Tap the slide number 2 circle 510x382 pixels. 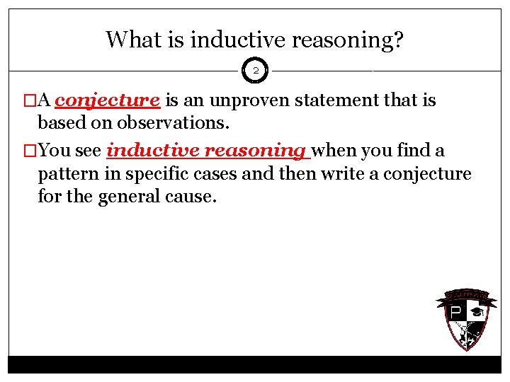[255, 71]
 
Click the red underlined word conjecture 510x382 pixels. [107, 101]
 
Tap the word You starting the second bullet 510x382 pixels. [54, 151]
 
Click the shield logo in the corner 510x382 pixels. [461, 320]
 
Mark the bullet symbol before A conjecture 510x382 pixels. [28, 101]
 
